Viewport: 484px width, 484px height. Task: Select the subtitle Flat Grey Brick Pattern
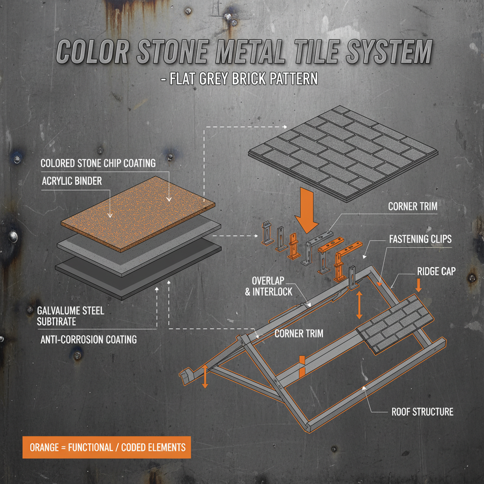239,78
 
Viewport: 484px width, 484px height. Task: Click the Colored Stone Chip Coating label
98,163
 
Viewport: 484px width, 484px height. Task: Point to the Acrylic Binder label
71,181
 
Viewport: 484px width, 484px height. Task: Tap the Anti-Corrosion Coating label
88,339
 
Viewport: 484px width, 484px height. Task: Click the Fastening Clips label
420,239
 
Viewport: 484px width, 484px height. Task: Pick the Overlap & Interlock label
268,285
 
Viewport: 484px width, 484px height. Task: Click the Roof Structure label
422,412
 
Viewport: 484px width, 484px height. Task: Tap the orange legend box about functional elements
107,447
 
